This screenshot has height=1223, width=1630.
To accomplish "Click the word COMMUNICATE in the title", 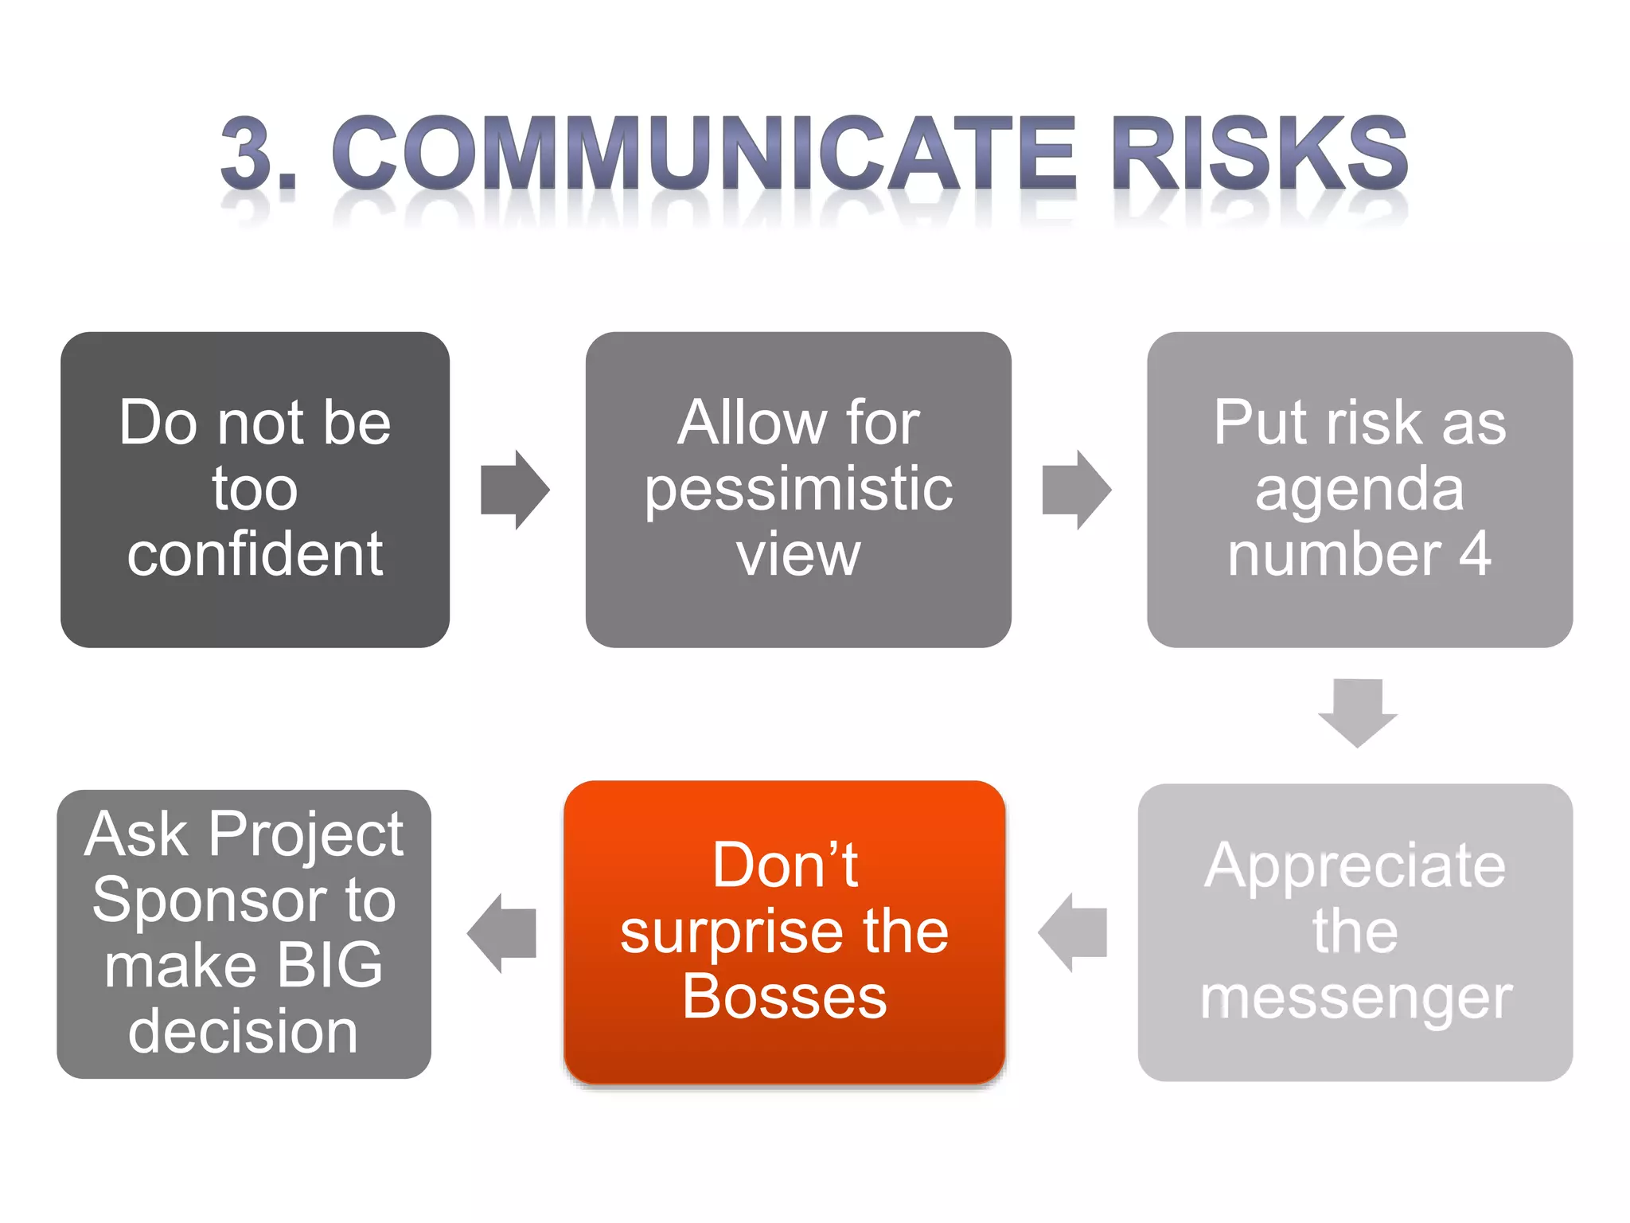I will (x=704, y=153).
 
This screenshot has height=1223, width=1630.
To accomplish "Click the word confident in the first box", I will (x=255, y=554).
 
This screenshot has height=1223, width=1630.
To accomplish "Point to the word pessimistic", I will (x=798, y=489).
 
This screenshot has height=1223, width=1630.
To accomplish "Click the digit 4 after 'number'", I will (x=1475, y=554).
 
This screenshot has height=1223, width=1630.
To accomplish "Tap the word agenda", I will (x=1359, y=489).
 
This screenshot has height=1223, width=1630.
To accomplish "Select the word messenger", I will (x=1355, y=998).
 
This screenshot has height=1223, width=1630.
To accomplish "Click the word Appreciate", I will (x=1355, y=866).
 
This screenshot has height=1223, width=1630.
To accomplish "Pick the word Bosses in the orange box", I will (x=785, y=997).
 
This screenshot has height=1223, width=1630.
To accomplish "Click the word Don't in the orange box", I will (x=785, y=865).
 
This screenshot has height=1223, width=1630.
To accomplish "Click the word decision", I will (x=243, y=1032).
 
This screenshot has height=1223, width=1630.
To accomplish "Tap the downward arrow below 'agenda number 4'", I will (x=1358, y=712).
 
